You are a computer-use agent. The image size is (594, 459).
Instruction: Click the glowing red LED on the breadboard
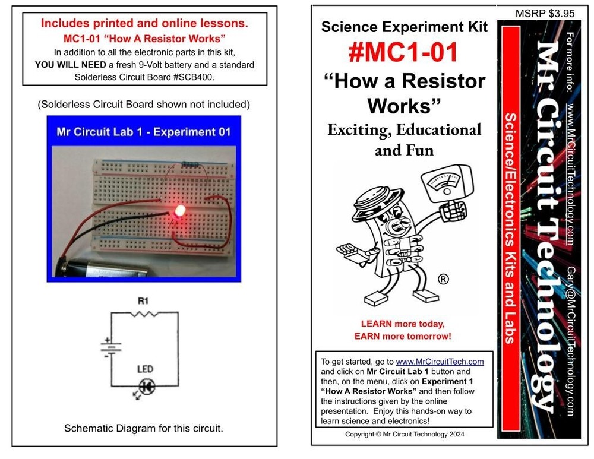(x=178, y=210)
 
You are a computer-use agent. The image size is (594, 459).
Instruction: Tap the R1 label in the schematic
(x=143, y=301)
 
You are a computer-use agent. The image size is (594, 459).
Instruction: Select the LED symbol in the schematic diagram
(x=147, y=387)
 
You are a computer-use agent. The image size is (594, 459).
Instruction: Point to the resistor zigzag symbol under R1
(x=144, y=314)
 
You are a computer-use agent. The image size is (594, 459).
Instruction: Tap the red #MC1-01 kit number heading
(x=403, y=52)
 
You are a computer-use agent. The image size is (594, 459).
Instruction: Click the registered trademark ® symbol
(x=443, y=279)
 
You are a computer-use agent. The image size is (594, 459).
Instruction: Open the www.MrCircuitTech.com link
(x=440, y=361)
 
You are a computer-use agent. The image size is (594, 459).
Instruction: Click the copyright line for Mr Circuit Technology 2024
(x=405, y=434)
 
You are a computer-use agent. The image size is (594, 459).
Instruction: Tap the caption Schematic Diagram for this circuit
(x=144, y=428)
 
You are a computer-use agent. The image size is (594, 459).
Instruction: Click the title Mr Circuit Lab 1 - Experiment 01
(x=143, y=132)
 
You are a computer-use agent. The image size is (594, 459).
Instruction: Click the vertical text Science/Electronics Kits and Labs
(x=510, y=226)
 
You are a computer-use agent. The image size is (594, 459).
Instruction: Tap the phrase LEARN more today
(x=403, y=324)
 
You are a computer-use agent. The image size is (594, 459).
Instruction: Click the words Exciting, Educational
(x=404, y=129)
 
